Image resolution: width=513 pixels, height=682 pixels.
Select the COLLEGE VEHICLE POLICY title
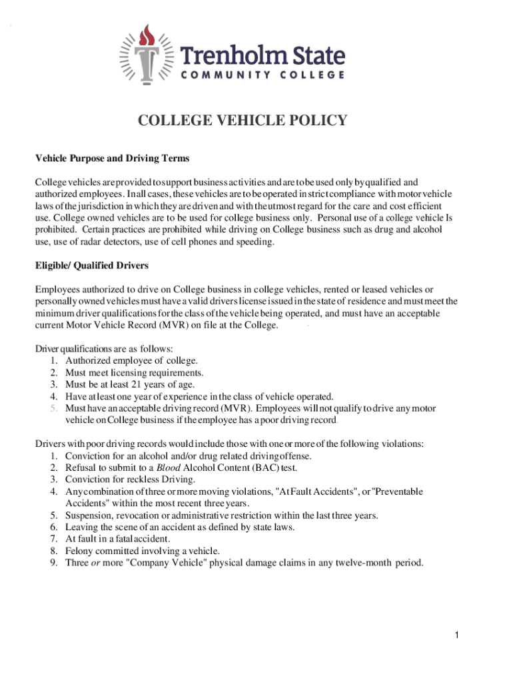pos(243,121)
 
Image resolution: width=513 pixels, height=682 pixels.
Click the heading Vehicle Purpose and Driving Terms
pos(112,159)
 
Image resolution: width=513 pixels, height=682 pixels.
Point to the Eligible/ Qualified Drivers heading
pos(91,266)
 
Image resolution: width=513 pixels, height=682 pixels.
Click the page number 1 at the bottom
pos(457,636)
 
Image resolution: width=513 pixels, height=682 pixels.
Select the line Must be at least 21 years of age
pos(130,384)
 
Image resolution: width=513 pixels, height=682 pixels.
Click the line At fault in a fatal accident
pos(117,539)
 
